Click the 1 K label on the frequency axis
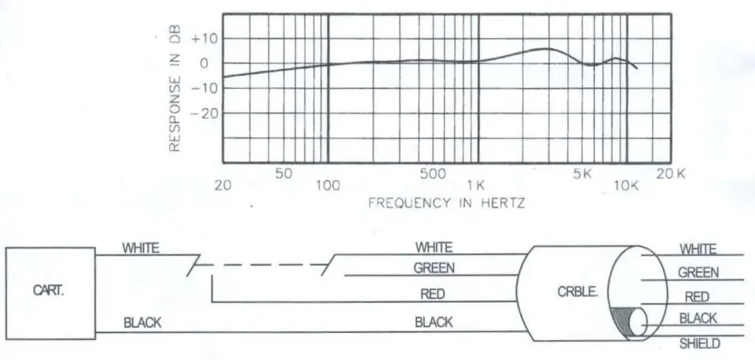(474, 185)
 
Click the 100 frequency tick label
(328, 185)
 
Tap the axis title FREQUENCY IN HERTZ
(447, 203)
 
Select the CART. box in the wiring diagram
(52, 290)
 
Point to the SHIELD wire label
(699, 343)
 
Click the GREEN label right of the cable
(698, 273)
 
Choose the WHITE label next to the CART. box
(141, 248)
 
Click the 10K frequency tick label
(627, 185)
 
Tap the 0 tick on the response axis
(205, 63)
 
